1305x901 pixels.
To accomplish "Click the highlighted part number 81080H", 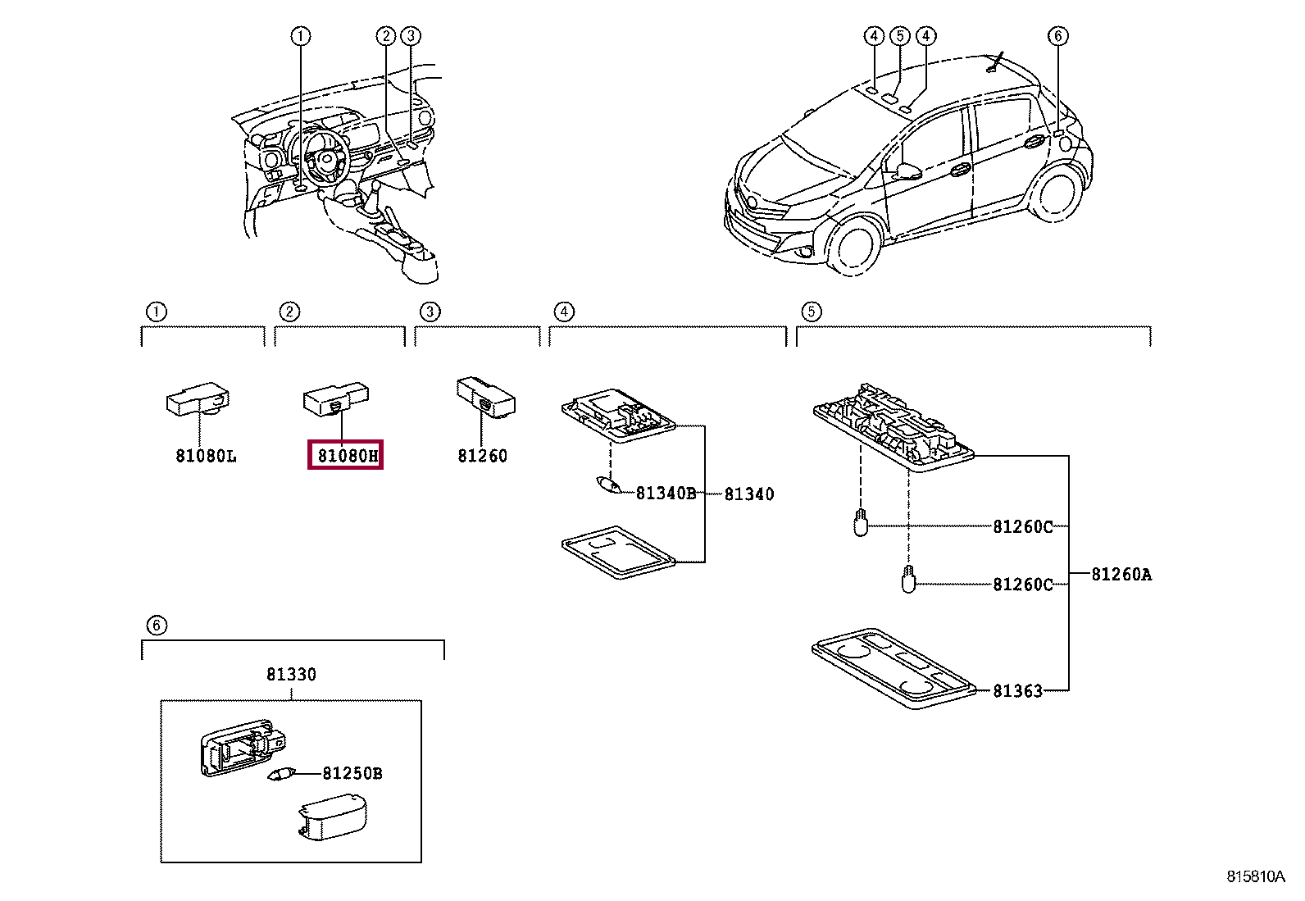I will coord(345,455).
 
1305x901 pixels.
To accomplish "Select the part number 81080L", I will coord(206,456).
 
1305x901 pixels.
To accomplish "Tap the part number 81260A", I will coord(1121,575).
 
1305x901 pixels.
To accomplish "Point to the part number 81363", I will coord(1017,691).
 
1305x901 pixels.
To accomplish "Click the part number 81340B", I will coord(666,494).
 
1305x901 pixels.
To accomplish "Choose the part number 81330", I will coord(291,675).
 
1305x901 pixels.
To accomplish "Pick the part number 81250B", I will coord(352,773).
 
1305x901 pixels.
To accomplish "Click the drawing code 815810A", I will coord(1255,876).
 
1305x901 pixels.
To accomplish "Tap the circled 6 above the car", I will coord(1057,36).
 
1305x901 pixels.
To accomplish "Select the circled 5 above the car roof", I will coord(900,36).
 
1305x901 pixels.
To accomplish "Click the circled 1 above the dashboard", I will coord(301,36).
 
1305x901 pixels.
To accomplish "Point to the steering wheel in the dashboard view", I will coord(325,157).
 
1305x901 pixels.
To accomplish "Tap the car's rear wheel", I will coord(1057,192).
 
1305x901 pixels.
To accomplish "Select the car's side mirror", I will coord(908,171).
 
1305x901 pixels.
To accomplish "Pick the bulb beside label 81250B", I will coord(282,774).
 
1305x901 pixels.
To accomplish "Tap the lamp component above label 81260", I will coord(485,396).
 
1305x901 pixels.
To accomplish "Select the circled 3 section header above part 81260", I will coord(430,312).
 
